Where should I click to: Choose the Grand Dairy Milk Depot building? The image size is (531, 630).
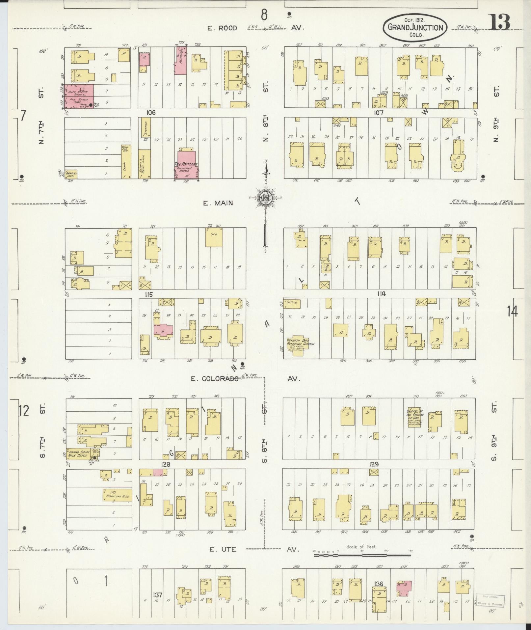click(x=78, y=453)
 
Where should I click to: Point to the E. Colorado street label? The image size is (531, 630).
click(x=215, y=378)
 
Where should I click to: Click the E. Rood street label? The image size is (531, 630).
click(x=222, y=28)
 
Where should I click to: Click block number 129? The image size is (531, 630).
click(x=374, y=464)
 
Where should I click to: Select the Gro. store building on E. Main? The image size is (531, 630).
click(x=214, y=237)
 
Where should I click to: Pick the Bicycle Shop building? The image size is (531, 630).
click(x=71, y=174)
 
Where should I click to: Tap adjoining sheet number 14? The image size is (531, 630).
click(x=512, y=311)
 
